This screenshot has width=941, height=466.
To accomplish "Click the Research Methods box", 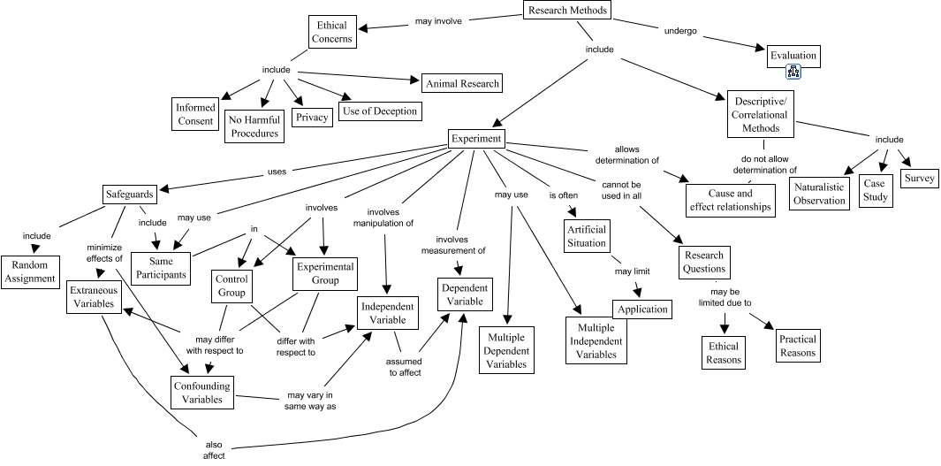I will click(x=566, y=11).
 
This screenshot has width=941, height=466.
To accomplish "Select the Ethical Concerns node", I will click(x=333, y=33).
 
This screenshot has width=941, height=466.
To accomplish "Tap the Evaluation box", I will click(x=793, y=56).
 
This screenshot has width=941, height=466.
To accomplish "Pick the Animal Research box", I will click(x=461, y=84).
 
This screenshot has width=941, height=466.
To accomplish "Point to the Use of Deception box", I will click(x=378, y=111).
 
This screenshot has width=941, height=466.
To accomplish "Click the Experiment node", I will click(x=476, y=139).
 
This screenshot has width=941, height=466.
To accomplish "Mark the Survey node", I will click(x=918, y=178).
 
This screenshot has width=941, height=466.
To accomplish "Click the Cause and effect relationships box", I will click(x=731, y=200).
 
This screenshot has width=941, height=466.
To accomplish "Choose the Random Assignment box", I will click(x=28, y=271).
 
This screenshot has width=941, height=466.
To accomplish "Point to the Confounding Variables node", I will click(x=203, y=393).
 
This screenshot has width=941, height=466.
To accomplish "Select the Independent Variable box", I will click(x=386, y=313).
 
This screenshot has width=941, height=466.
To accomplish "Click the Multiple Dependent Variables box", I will click(x=507, y=349).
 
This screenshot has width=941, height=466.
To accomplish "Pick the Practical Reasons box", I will click(x=797, y=346).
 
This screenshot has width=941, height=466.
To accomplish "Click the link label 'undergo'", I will click(x=679, y=31).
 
